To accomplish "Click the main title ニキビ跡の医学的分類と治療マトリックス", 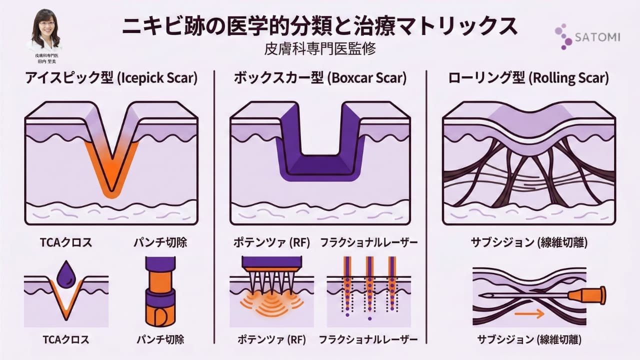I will pos(320,26).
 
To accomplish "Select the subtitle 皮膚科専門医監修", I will pos(320,49).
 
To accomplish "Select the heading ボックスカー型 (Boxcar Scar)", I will pos(320,78).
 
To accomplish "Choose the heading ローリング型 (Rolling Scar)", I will pos(528,78).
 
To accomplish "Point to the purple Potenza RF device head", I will pos(271,262).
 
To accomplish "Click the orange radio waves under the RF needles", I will pos(271,302).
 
